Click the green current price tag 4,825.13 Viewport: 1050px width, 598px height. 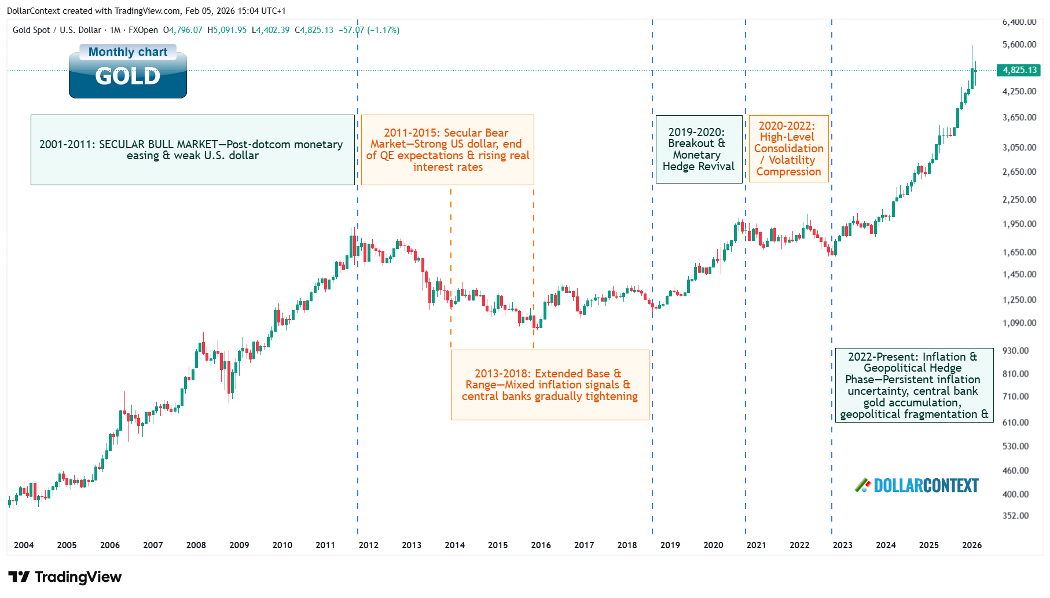[1019, 70]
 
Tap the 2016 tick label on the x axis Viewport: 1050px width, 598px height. [541, 545]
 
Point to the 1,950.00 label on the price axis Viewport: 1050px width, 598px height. [1019, 224]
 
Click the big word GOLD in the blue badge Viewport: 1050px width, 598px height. [127, 76]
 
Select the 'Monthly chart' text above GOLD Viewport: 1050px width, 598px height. [127, 52]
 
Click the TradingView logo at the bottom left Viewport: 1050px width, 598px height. [65, 577]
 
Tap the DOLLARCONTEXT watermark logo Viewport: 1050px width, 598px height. [917, 485]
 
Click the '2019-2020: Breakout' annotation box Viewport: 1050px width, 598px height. [698, 149]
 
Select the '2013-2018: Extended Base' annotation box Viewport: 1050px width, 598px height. [549, 385]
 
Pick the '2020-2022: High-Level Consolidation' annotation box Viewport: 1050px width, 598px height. [788, 149]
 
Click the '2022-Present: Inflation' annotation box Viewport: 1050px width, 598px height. [913, 386]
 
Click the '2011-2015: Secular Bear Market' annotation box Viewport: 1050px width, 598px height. [447, 150]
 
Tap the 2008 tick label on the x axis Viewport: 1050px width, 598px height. [196, 545]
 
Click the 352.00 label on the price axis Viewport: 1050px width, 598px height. [1015, 515]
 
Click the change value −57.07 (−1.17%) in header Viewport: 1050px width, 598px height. [369, 30]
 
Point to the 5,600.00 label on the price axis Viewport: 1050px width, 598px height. [1019, 45]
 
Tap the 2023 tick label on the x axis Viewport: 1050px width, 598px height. [842, 545]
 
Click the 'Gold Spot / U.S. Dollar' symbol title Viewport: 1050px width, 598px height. [57, 30]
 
